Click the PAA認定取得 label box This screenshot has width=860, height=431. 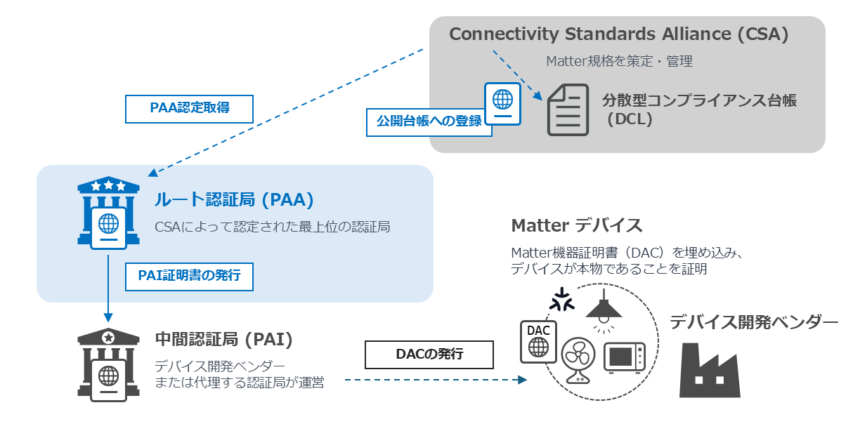point(189,109)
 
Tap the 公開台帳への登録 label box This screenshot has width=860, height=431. point(429,122)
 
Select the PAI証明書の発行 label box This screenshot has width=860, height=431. point(189,277)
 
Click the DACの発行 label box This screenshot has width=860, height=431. point(429,354)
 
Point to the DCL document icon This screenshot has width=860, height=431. point(568,110)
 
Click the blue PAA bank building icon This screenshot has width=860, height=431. point(109,213)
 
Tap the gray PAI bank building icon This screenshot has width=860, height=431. point(109,364)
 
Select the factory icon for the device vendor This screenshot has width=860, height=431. point(710,370)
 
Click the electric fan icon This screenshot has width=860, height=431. point(578,360)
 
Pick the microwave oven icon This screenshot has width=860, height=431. point(625,357)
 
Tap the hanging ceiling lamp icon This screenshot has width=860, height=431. point(604,311)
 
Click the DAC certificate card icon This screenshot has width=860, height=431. point(538,342)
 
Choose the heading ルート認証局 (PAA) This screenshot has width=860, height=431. point(234,200)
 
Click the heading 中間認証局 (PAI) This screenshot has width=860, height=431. point(224,339)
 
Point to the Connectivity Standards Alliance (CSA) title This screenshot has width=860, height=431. point(619,34)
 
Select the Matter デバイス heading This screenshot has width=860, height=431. point(577,225)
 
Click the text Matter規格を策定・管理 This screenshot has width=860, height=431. point(619,61)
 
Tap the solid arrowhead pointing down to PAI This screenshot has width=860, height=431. point(108,317)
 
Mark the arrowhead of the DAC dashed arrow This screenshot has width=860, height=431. point(522,380)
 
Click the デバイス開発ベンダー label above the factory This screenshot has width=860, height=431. point(754,321)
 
